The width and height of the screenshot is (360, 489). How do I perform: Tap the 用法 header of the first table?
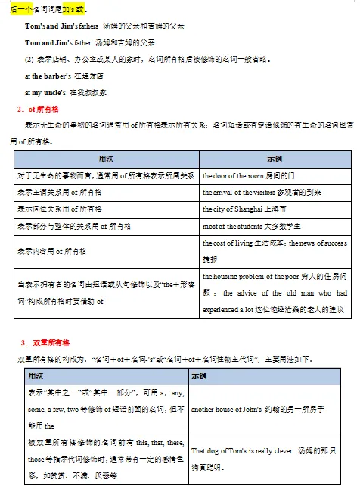click(106, 159)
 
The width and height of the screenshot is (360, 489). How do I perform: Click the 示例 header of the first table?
click(275, 159)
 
